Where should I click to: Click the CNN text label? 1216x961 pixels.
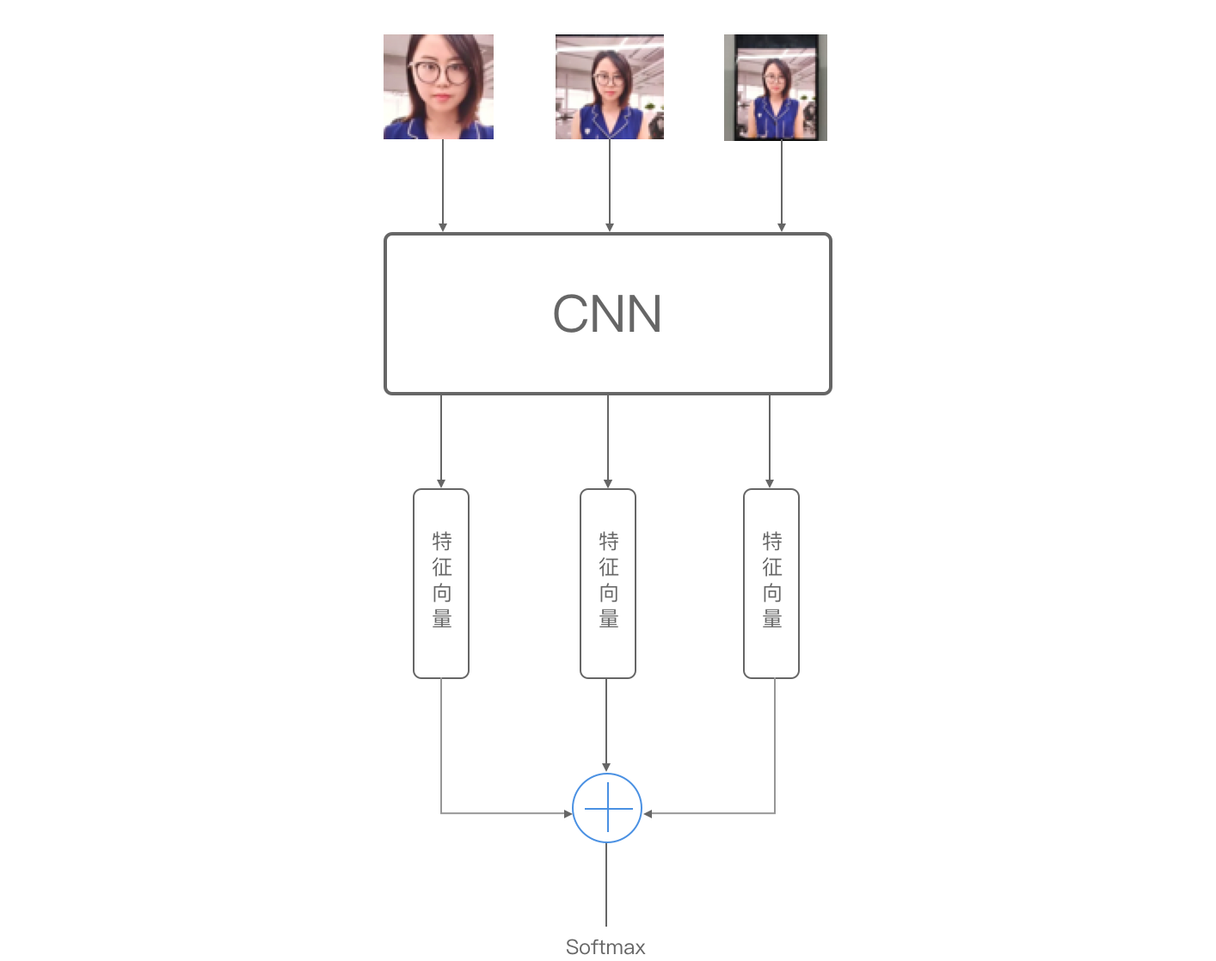(x=607, y=314)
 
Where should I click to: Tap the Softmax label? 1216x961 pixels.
(x=605, y=946)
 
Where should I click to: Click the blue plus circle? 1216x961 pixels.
(x=607, y=808)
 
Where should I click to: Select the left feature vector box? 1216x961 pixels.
(x=441, y=584)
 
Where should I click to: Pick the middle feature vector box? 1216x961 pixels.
(x=608, y=584)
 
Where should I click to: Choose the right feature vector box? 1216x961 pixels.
(x=771, y=584)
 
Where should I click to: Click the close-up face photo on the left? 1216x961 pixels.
(x=439, y=87)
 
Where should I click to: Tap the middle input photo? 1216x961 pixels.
(x=610, y=87)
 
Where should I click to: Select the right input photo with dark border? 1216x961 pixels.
(x=776, y=87)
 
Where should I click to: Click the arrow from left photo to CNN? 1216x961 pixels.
(x=443, y=185)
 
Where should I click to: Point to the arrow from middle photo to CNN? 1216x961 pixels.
(x=610, y=185)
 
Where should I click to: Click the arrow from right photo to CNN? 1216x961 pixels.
(x=782, y=185)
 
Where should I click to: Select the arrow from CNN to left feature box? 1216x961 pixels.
(x=441, y=441)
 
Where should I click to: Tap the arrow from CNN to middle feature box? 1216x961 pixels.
(x=608, y=441)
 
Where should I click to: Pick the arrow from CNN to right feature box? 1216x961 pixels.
(x=770, y=441)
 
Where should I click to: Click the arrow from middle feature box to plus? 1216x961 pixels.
(x=606, y=724)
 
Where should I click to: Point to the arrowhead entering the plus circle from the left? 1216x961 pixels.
(x=568, y=813)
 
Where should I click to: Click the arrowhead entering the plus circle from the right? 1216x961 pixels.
(x=648, y=813)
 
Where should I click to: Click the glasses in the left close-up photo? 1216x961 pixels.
(x=440, y=73)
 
